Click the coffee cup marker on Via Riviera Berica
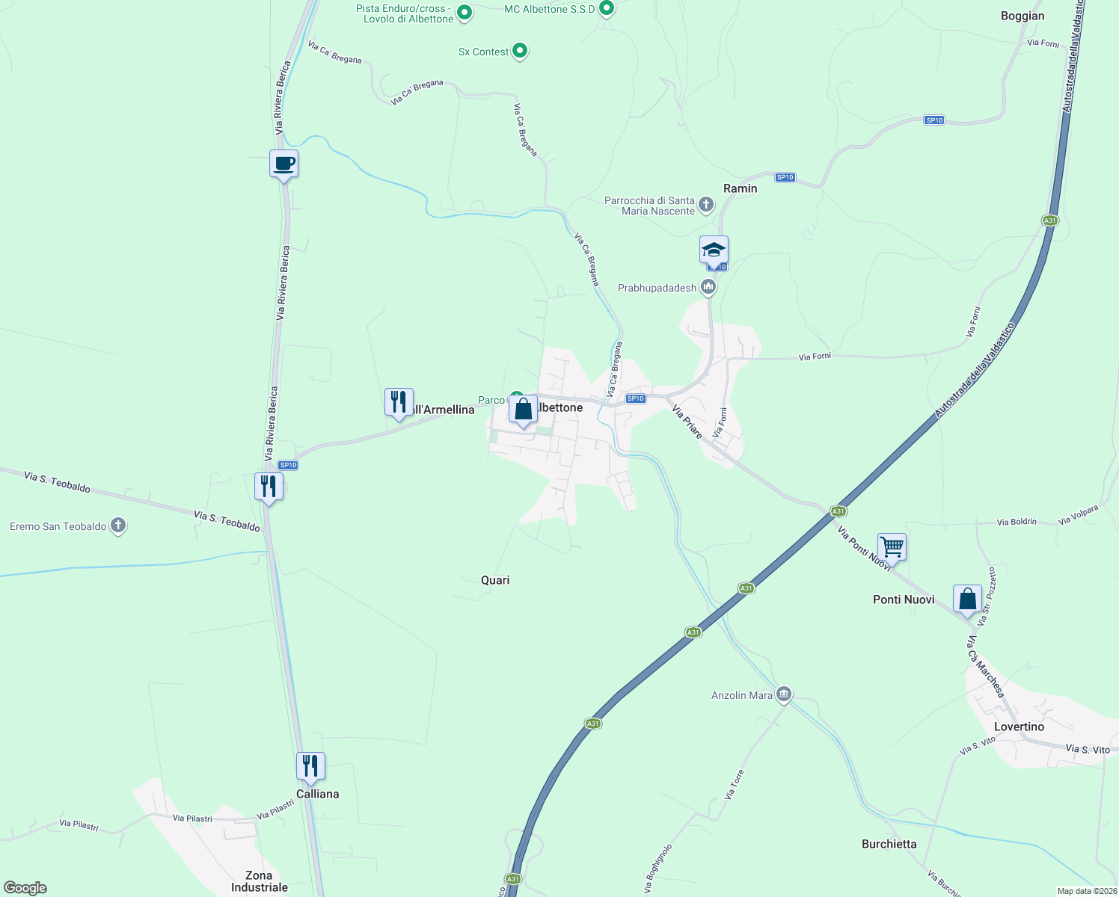(283, 164)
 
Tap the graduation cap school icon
(714, 250)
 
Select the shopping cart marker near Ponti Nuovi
(892, 546)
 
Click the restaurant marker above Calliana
(310, 766)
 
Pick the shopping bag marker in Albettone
(523, 410)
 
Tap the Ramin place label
(740, 188)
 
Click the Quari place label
(495, 580)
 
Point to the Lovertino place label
(1019, 727)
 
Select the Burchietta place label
(889, 844)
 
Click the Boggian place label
(1023, 16)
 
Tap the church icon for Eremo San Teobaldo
(118, 526)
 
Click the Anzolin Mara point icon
(784, 695)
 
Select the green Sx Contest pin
(520, 52)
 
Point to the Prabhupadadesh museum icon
(708, 287)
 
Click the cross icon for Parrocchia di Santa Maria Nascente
(705, 205)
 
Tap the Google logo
(25, 888)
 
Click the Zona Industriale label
(259, 881)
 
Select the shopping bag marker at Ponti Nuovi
(967, 599)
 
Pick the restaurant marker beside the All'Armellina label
(399, 402)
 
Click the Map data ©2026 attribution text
(1086, 891)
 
